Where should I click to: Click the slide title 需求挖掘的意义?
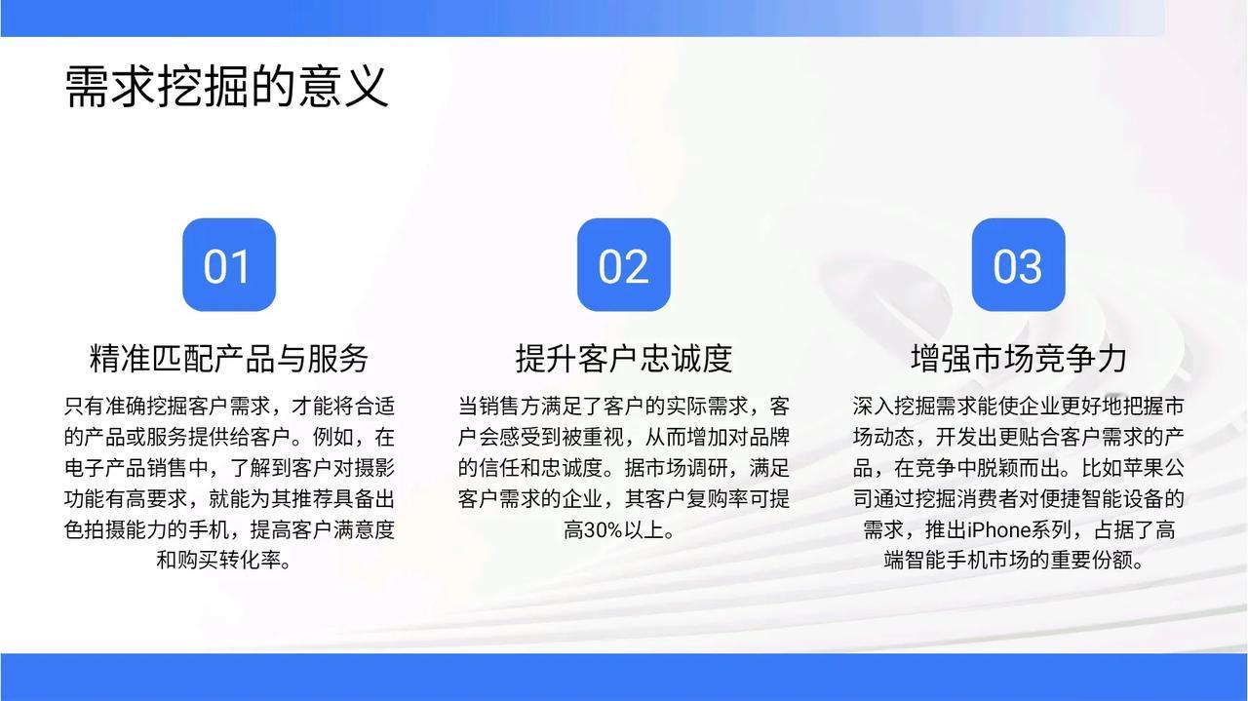226,87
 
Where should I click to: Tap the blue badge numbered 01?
229,264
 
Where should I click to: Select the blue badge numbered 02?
623,264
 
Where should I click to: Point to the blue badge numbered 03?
1019,264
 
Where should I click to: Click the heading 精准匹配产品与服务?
229,358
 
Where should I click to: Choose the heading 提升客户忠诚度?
623,358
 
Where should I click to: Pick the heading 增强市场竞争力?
1019,358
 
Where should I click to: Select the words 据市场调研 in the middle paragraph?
676,468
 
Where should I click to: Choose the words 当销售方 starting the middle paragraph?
499,407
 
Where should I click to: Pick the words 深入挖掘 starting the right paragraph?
894,407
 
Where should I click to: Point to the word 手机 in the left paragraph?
209,530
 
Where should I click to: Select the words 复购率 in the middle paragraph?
717,499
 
